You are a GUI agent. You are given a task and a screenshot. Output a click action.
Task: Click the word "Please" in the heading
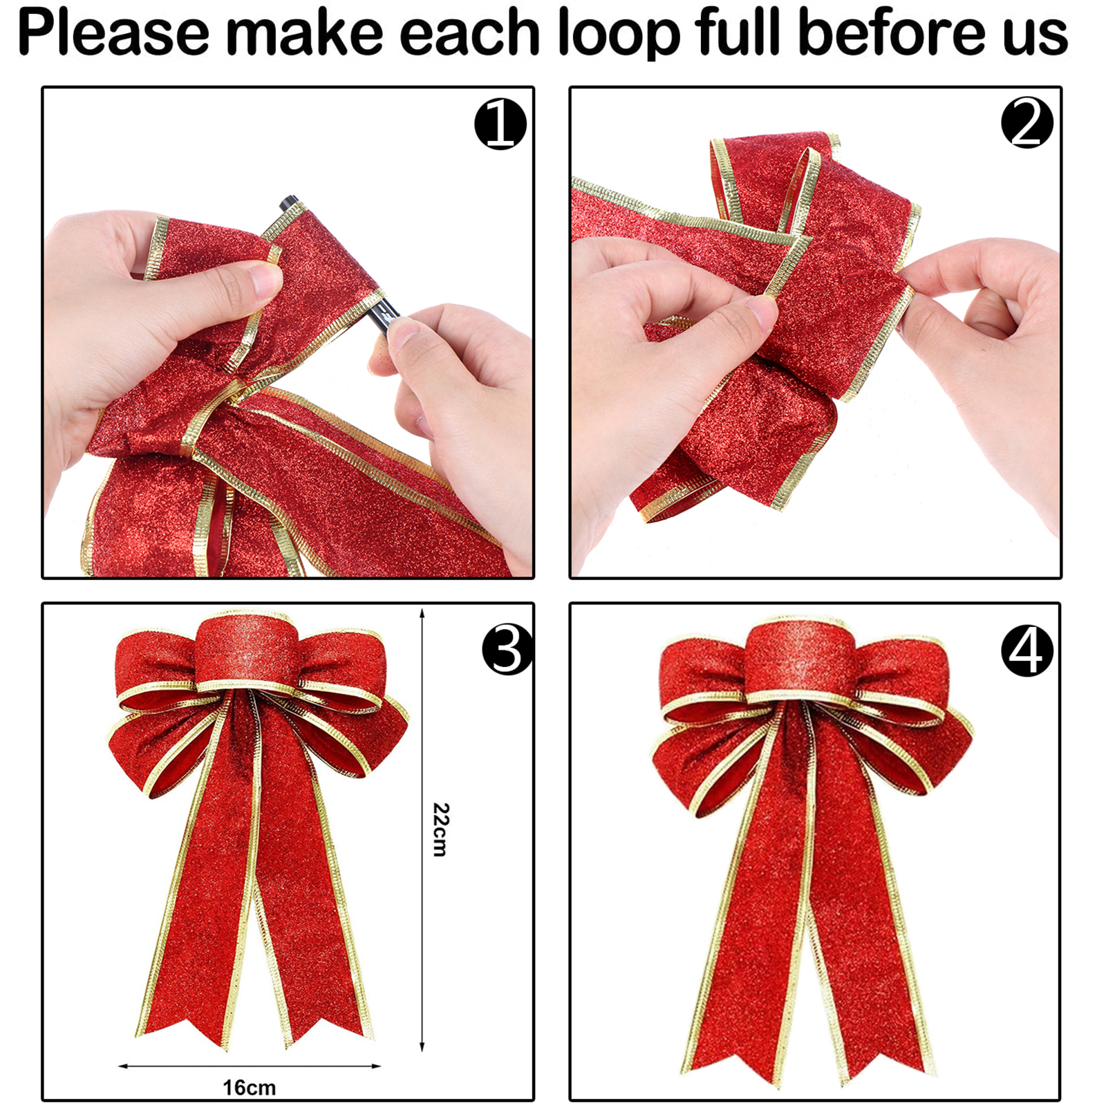coord(113,33)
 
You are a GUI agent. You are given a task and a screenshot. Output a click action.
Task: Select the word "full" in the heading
coord(739,32)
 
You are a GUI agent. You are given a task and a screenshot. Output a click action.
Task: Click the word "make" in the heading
coord(304,32)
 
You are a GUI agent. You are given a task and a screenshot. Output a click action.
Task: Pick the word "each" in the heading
coord(470,32)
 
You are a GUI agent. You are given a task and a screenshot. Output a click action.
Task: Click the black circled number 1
coord(500,124)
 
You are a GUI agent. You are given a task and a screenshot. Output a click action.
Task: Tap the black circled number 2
coord(1027,123)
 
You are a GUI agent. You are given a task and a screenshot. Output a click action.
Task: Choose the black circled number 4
coord(1027,650)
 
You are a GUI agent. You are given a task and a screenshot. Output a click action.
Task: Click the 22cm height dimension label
coord(440,829)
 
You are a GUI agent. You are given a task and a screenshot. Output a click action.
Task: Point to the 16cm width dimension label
coord(249,1088)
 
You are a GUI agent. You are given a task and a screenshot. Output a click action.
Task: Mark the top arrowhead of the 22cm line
coord(422,614)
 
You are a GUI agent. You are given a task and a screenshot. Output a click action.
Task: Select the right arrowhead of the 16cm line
coord(376,1066)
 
